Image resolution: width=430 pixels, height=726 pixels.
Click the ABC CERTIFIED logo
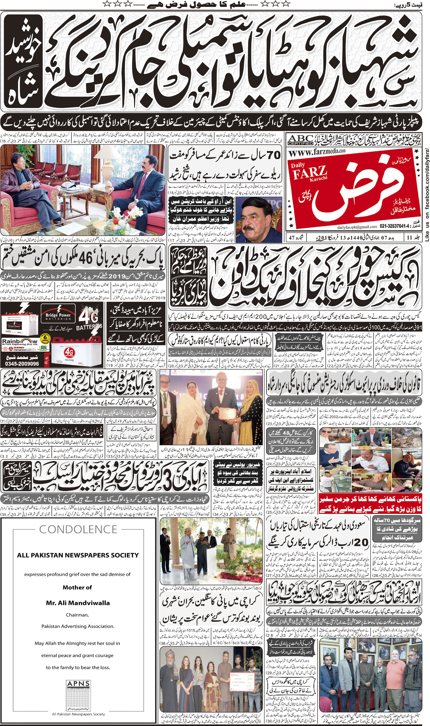click(x=300, y=140)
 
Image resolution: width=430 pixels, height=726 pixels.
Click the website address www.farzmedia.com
click(x=317, y=152)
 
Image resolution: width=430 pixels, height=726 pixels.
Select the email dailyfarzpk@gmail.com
click(x=357, y=227)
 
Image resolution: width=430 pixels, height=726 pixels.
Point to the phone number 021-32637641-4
click(x=394, y=226)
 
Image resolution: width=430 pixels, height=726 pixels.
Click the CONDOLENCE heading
click(x=78, y=529)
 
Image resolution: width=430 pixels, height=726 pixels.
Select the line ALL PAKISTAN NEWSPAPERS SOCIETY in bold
click(x=78, y=555)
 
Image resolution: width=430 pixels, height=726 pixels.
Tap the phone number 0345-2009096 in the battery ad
click(x=22, y=364)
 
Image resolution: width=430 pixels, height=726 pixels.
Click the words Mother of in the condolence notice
click(x=77, y=587)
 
